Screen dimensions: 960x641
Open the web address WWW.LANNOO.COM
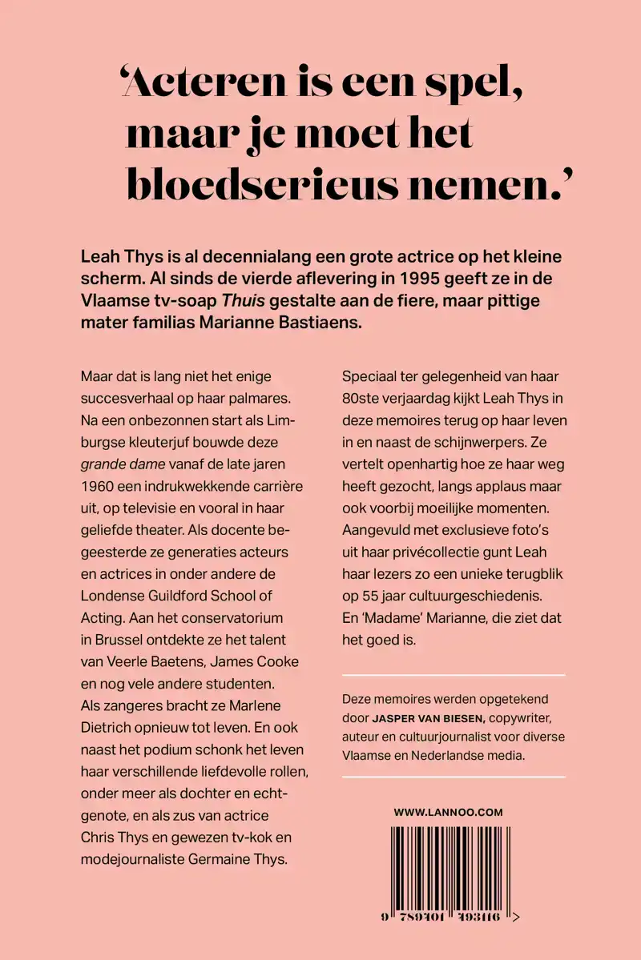(448, 812)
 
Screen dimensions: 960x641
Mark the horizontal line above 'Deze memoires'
(454, 676)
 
